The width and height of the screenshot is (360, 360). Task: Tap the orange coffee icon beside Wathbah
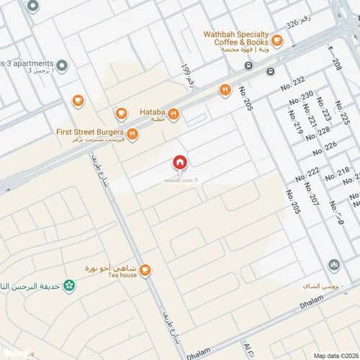[x=278, y=40]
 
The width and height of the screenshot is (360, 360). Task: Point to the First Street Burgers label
[x=90, y=132]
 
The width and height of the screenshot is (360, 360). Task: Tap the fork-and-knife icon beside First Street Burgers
[x=132, y=133]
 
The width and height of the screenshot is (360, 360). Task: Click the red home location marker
[x=179, y=163]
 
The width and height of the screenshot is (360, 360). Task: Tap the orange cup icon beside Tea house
[x=145, y=271]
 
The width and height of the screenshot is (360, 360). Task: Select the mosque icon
[x=334, y=266]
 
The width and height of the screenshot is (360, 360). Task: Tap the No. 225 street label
[x=344, y=113]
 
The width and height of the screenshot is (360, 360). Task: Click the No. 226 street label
[x=325, y=148]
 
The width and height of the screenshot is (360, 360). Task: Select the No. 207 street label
[x=311, y=192]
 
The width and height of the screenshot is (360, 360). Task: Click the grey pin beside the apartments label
[x=63, y=66]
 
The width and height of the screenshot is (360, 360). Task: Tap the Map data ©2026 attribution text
[x=335, y=355]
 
